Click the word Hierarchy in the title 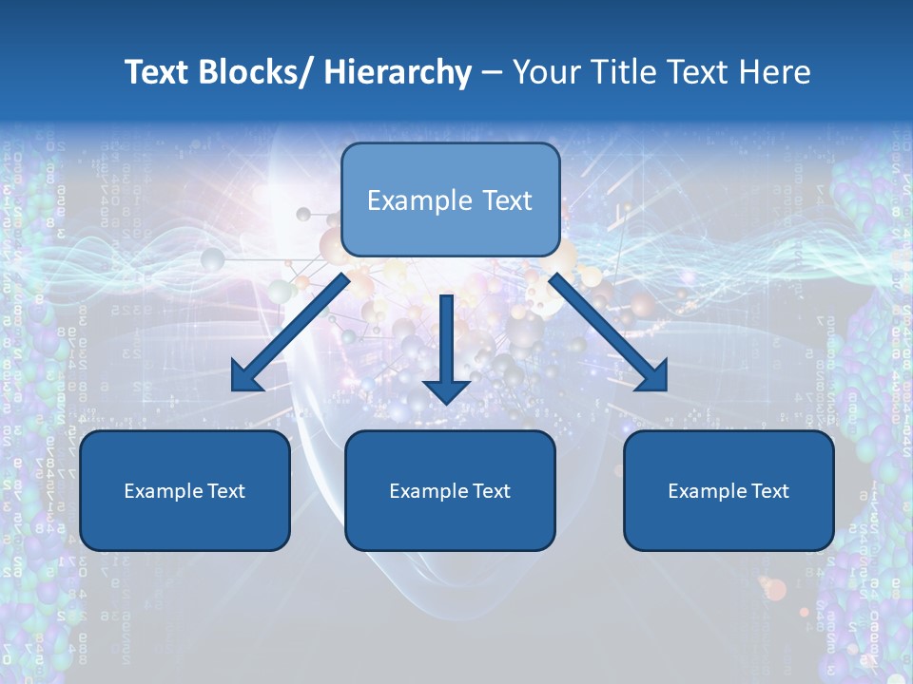(398, 73)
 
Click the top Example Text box (450, 199)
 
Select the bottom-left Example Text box (185, 490)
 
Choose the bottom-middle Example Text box (450, 490)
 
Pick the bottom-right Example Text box (728, 490)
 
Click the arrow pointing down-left (290, 332)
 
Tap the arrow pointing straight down (446, 347)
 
